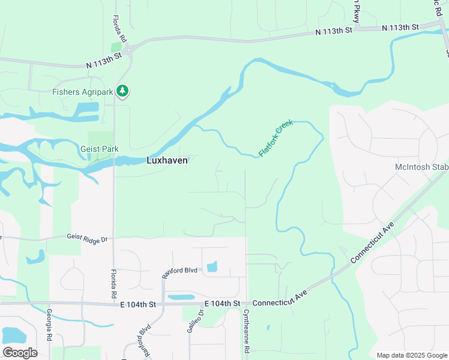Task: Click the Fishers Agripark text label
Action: [x=83, y=92]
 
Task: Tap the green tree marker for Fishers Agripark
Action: [x=122, y=91]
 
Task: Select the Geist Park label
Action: [x=100, y=149]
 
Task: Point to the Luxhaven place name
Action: [x=167, y=160]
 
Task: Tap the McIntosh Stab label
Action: [x=421, y=167]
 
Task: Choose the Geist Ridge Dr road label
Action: [x=87, y=238]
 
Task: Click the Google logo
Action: [x=20, y=352]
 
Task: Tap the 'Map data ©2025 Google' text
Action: [x=411, y=355]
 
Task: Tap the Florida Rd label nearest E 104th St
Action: [x=113, y=284]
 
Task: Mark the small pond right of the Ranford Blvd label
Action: [x=211, y=267]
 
